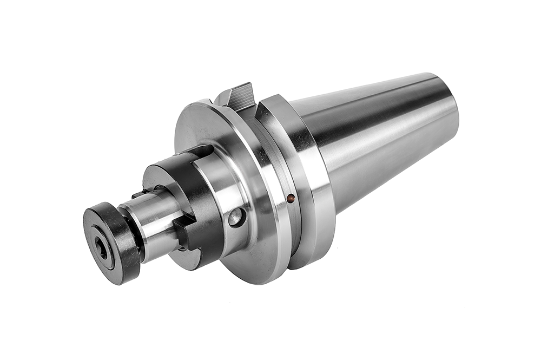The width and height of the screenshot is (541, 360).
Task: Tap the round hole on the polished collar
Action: [x=236, y=217]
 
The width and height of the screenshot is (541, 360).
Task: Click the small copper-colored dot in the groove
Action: [x=291, y=199]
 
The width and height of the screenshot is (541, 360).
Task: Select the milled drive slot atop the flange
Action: [x=238, y=97]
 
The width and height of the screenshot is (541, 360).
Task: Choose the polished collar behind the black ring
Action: [x=227, y=184]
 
